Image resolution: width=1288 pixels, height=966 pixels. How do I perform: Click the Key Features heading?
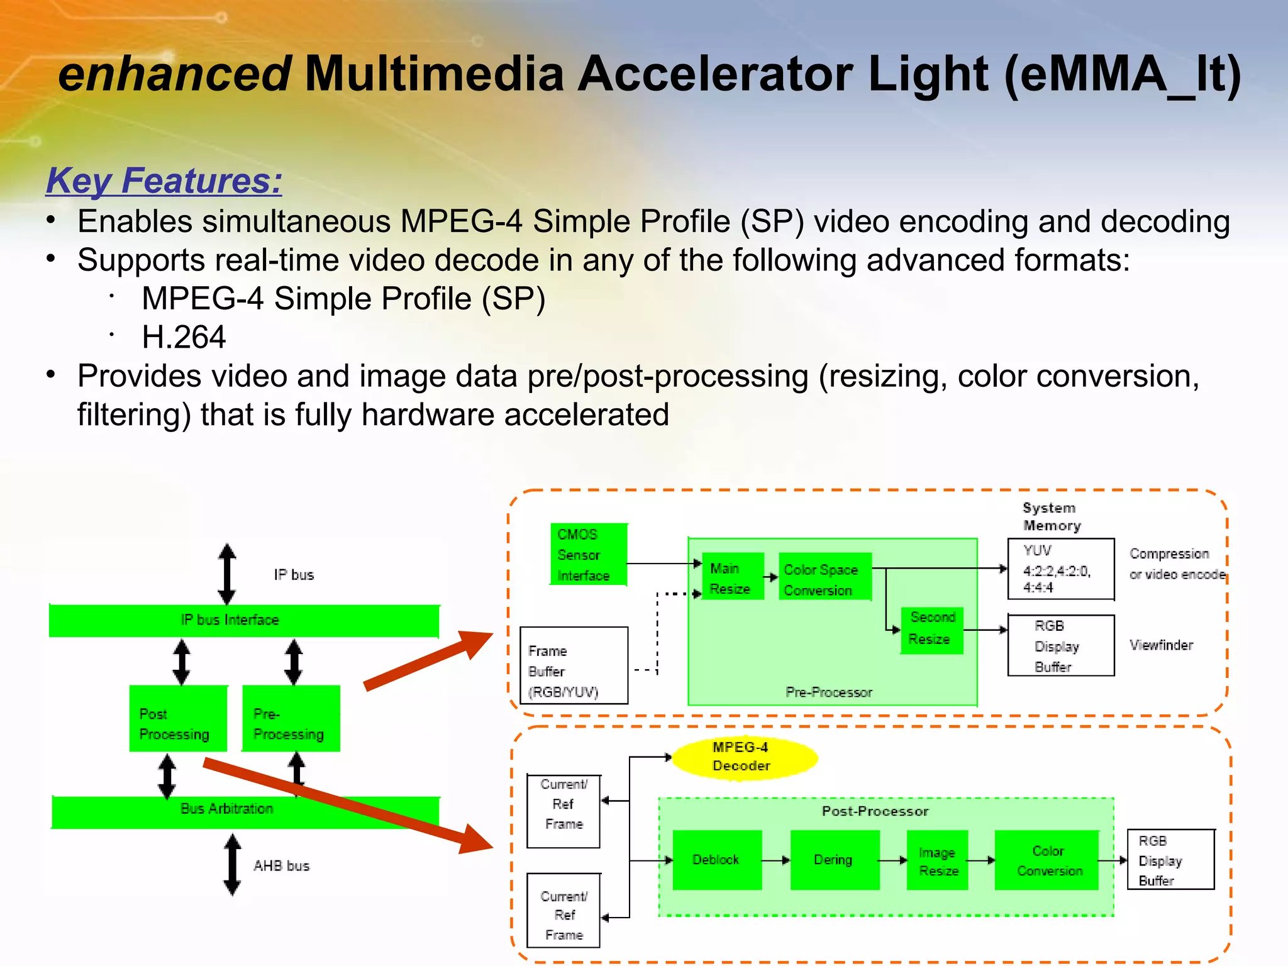pyautogui.click(x=164, y=181)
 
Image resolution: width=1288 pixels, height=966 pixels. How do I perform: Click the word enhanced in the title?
pyautogui.click(x=174, y=74)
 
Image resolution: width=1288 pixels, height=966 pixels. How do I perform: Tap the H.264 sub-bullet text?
pyautogui.click(x=183, y=337)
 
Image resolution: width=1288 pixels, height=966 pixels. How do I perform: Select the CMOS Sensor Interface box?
pyautogui.click(x=588, y=554)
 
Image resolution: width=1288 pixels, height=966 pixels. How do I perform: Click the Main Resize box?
pyautogui.click(x=732, y=577)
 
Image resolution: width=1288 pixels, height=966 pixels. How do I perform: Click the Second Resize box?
pyautogui.click(x=931, y=630)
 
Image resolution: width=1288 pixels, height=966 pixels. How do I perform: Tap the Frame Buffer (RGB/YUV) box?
pyautogui.click(x=574, y=665)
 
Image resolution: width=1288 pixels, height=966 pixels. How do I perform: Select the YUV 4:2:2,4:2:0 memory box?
pyautogui.click(x=1060, y=569)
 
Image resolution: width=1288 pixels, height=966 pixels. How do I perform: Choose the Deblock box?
pyautogui.click(x=716, y=860)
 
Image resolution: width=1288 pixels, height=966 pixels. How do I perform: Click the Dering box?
pyautogui.click(x=834, y=860)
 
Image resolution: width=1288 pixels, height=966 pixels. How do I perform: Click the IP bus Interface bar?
pyautogui.click(x=244, y=621)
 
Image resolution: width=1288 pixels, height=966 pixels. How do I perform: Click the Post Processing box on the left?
pyautogui.click(x=177, y=719)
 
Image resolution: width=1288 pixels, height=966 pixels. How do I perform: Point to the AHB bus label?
pyautogui.click(x=281, y=866)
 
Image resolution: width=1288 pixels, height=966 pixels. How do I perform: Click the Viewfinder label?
pyautogui.click(x=1160, y=645)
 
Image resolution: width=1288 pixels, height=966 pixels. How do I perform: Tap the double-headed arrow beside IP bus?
pyautogui.click(x=227, y=574)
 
